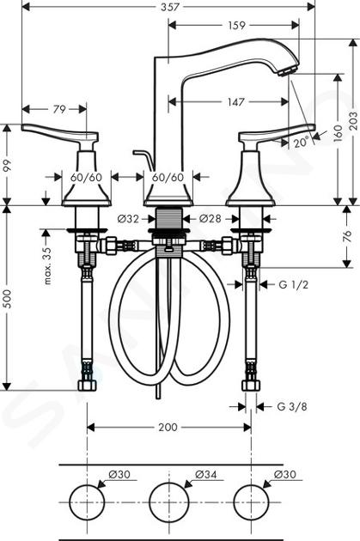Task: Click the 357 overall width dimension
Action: [x=170, y=7]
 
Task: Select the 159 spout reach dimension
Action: [x=236, y=25]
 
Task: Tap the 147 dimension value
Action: [x=235, y=102]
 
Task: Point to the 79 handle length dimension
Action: [x=59, y=109]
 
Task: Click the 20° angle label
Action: [x=301, y=142]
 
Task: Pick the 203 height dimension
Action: [x=353, y=121]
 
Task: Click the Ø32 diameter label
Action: [x=128, y=219]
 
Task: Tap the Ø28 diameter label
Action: [x=210, y=219]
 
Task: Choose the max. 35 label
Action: [x=47, y=265]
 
